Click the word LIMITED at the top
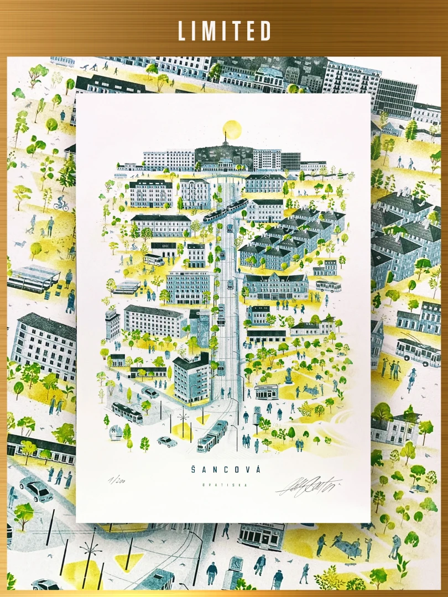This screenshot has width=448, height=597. [224, 31]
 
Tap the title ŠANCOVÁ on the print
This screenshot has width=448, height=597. [223, 469]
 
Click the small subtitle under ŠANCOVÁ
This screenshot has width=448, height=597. [223, 485]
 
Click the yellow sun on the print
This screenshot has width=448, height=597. [232, 129]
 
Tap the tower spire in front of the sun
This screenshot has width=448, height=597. [225, 135]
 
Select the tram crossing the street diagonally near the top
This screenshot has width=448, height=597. [226, 211]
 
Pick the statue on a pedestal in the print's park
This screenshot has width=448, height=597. [288, 376]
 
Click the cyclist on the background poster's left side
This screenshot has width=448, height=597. [61, 203]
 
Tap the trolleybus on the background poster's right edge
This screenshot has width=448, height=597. [418, 352]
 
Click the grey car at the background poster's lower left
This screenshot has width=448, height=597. [37, 489]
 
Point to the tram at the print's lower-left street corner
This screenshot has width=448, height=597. [127, 413]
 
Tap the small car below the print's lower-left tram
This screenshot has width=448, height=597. [166, 441]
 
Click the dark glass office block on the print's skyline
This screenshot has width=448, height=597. [291, 161]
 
